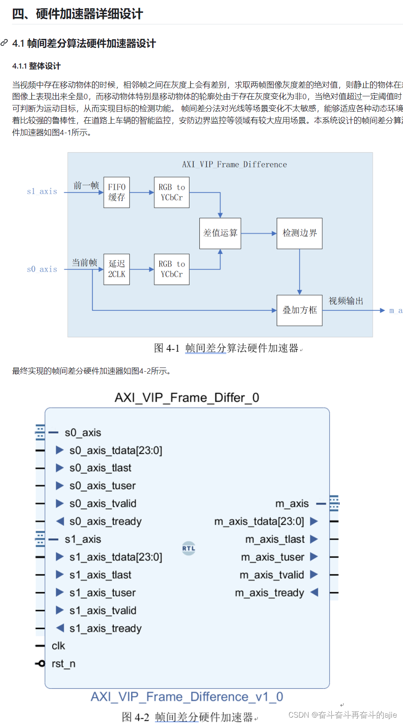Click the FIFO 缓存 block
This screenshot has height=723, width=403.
click(116, 192)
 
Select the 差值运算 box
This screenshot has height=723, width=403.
click(220, 233)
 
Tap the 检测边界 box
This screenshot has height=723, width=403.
click(300, 233)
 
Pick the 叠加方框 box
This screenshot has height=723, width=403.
click(300, 310)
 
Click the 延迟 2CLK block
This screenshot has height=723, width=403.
click(116, 269)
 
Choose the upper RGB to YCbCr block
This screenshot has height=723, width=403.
click(171, 192)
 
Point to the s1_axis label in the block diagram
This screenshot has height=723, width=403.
click(42, 191)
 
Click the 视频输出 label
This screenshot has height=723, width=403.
click(346, 301)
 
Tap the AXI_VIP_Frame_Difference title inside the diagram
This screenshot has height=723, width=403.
click(234, 165)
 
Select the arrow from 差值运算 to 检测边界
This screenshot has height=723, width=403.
click(259, 234)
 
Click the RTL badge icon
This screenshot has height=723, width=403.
click(189, 548)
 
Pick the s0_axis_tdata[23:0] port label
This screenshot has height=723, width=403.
click(115, 450)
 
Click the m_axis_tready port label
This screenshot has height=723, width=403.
click(269, 593)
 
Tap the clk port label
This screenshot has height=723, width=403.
click(58, 646)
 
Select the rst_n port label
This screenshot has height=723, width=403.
click(63, 663)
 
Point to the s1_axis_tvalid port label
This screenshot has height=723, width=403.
click(103, 611)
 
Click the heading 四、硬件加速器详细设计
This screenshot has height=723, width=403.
click(77, 14)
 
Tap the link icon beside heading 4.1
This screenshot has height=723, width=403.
click(5, 43)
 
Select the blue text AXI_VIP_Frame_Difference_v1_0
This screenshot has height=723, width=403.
click(187, 697)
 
